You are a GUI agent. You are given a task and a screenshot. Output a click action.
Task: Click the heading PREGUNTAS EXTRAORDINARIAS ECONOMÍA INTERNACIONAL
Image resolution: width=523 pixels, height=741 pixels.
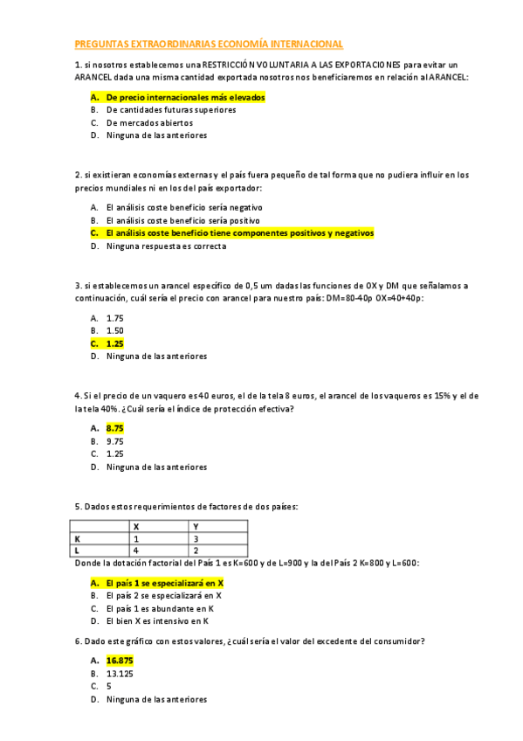pos(209,44)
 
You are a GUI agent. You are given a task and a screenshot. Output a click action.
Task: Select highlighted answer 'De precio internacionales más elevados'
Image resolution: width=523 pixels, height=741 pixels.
pos(185,98)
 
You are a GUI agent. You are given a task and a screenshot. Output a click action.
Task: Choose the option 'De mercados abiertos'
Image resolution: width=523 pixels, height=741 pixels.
pos(149,123)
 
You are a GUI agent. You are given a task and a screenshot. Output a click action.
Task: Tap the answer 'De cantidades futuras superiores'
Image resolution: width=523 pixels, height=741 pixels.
pos(170,110)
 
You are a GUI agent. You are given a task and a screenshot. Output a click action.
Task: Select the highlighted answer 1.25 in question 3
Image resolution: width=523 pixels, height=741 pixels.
pos(114,343)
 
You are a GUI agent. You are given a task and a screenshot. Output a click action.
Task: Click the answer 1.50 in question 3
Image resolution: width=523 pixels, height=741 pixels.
pos(114,330)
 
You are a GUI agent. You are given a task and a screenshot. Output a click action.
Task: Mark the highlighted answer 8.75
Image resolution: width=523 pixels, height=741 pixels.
pos(114,428)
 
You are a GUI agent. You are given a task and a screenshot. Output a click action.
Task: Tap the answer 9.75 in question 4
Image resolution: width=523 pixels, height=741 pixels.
pos(114,441)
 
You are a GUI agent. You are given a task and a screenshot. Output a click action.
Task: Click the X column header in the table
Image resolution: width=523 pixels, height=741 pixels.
pos(135,526)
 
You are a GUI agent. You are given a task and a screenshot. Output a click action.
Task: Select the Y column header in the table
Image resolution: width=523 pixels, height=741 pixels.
pos(196,526)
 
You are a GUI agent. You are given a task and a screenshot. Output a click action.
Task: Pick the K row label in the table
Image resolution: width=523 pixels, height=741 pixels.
pos(78,539)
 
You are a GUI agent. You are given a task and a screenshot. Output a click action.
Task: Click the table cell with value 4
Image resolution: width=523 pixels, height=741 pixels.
pos(135,551)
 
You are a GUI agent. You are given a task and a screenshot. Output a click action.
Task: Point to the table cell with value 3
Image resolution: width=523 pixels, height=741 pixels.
pos(196,539)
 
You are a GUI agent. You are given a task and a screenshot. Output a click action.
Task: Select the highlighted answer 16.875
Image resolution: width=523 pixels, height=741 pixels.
pos(120,661)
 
